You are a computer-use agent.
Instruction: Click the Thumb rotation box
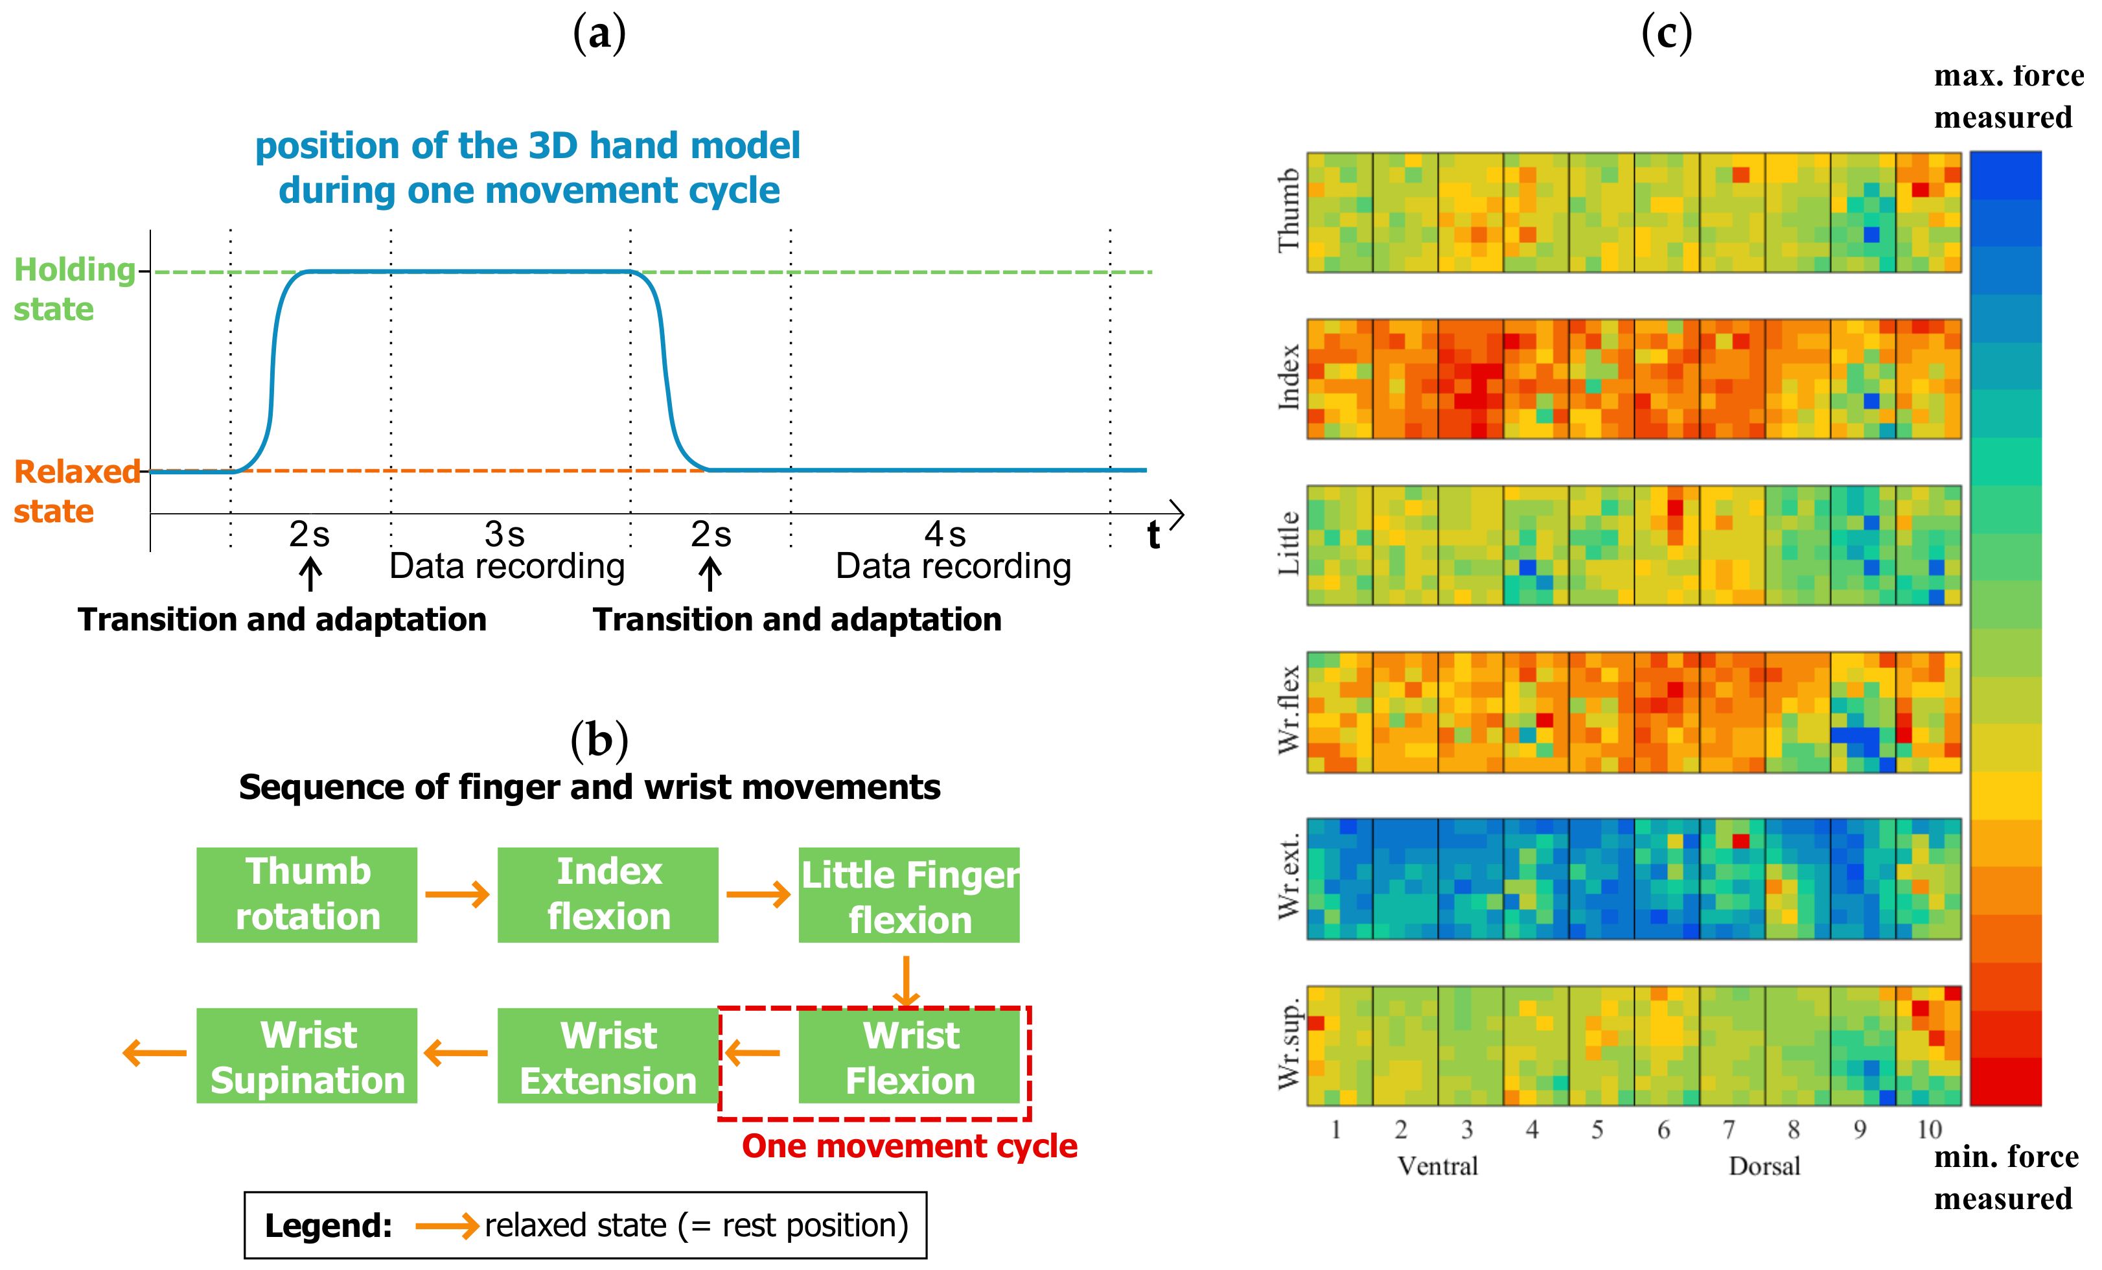point(306,894)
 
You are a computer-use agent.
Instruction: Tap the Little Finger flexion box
point(908,895)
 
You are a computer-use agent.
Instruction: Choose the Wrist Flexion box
point(909,1056)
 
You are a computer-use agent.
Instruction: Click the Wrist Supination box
point(306,1056)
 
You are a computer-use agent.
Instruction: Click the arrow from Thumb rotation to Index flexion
point(457,894)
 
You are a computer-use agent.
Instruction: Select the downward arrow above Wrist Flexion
point(905,981)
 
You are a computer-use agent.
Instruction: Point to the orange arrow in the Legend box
point(447,1226)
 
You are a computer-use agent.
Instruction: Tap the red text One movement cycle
point(909,1146)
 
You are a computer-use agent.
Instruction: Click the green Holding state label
point(75,289)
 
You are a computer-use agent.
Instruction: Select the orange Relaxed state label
point(76,491)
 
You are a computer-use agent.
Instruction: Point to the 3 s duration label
point(504,535)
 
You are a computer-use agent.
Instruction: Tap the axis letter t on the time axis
point(1153,536)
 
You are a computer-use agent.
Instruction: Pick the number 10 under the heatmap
point(1929,1129)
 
